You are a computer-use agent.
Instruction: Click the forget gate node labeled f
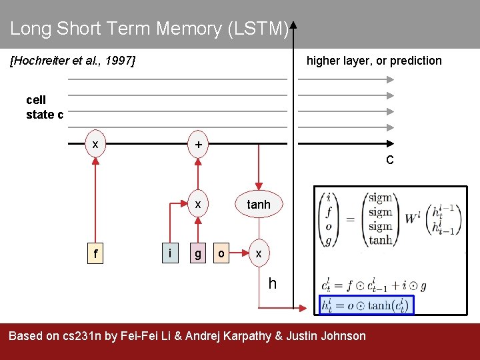coord(96,253)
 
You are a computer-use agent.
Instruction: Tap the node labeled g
coord(197,253)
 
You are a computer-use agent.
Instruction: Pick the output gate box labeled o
coord(221,253)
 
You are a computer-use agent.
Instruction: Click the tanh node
coord(259,204)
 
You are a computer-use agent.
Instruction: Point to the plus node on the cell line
coord(198,144)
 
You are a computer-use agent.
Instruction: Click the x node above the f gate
coord(96,144)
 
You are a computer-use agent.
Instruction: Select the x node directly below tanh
coord(259,253)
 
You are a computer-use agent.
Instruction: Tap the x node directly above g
coord(198,204)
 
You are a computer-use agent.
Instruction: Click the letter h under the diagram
coord(272,283)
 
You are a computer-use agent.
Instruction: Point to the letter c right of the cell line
coord(389,160)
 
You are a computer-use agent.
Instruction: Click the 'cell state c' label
coord(44,107)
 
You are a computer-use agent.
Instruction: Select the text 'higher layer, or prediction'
coord(373,61)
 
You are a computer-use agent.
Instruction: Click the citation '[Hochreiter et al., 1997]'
coord(73,61)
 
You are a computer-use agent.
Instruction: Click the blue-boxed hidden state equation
coord(366,305)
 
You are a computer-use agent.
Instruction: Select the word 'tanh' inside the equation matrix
coord(380,240)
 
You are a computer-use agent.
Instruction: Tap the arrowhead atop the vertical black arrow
coord(293,25)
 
